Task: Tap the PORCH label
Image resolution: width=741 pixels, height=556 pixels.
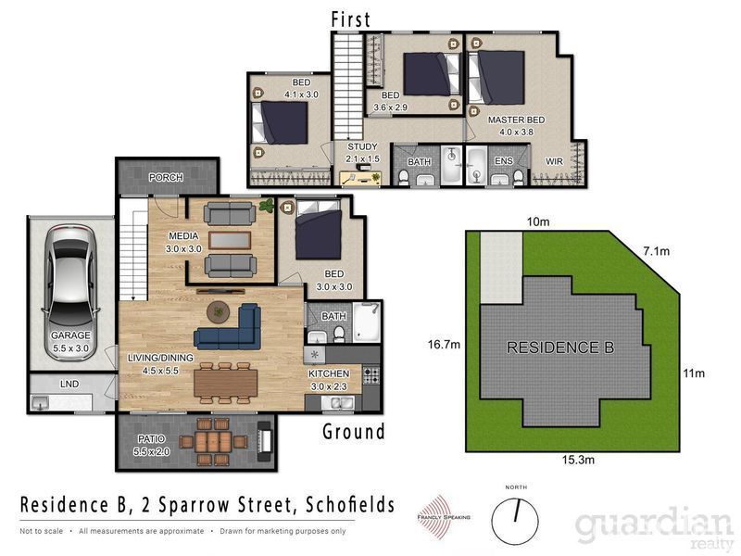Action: [x=166, y=177]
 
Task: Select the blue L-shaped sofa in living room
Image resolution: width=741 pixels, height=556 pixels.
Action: [x=228, y=327]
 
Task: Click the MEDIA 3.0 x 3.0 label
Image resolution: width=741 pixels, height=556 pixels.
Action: [x=183, y=242]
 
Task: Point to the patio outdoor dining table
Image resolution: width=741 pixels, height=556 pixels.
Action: [x=213, y=442]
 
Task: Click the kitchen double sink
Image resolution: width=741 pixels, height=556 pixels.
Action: [x=338, y=403]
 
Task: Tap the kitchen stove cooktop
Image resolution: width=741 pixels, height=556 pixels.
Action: [x=371, y=375]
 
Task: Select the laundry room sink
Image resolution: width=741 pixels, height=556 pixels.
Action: [x=40, y=403]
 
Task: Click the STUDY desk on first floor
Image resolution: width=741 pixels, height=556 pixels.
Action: [x=360, y=178]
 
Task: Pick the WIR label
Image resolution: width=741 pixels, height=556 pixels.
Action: [x=554, y=161]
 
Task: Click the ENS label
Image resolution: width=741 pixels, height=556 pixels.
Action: [x=503, y=160]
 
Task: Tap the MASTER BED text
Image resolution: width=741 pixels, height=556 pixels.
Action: [x=516, y=120]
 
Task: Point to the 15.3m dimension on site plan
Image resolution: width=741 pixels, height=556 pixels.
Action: [x=578, y=460]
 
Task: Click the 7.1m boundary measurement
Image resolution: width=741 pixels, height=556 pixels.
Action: [x=657, y=251]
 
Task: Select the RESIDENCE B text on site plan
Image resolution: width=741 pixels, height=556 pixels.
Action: [x=560, y=347]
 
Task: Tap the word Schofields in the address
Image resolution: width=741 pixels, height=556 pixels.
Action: [x=350, y=505]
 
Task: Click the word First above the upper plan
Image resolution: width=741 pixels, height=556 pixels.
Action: [x=350, y=19]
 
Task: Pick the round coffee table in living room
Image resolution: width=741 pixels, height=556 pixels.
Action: [x=219, y=312]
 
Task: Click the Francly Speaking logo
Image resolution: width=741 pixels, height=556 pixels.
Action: [x=444, y=517]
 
